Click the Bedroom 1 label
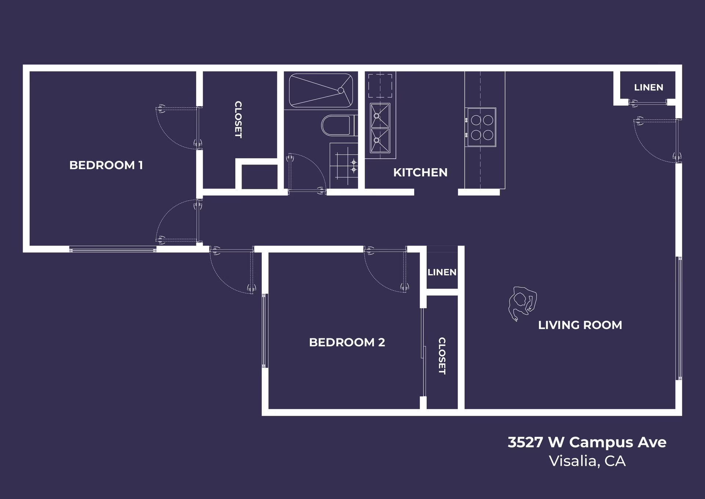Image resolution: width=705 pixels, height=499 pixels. pyautogui.click(x=106, y=165)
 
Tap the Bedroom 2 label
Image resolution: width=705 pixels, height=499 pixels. pyautogui.click(x=347, y=342)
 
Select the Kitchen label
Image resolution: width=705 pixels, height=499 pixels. pyautogui.click(x=420, y=172)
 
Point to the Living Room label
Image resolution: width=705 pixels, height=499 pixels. pyautogui.click(x=580, y=325)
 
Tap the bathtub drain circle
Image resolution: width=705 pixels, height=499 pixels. pyautogui.click(x=341, y=90)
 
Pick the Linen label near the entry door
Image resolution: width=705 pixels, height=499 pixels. pyautogui.click(x=648, y=87)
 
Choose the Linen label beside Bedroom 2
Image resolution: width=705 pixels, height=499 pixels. pyautogui.click(x=442, y=272)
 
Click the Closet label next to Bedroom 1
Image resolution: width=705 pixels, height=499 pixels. pyautogui.click(x=238, y=119)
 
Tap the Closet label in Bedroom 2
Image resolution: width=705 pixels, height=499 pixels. pyautogui.click(x=442, y=356)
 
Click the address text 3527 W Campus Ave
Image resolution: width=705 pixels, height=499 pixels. pyautogui.click(x=587, y=442)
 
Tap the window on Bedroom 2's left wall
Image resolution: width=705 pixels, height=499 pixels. pyautogui.click(x=264, y=330)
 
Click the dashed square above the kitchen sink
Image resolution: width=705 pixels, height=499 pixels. pyautogui.click(x=380, y=86)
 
